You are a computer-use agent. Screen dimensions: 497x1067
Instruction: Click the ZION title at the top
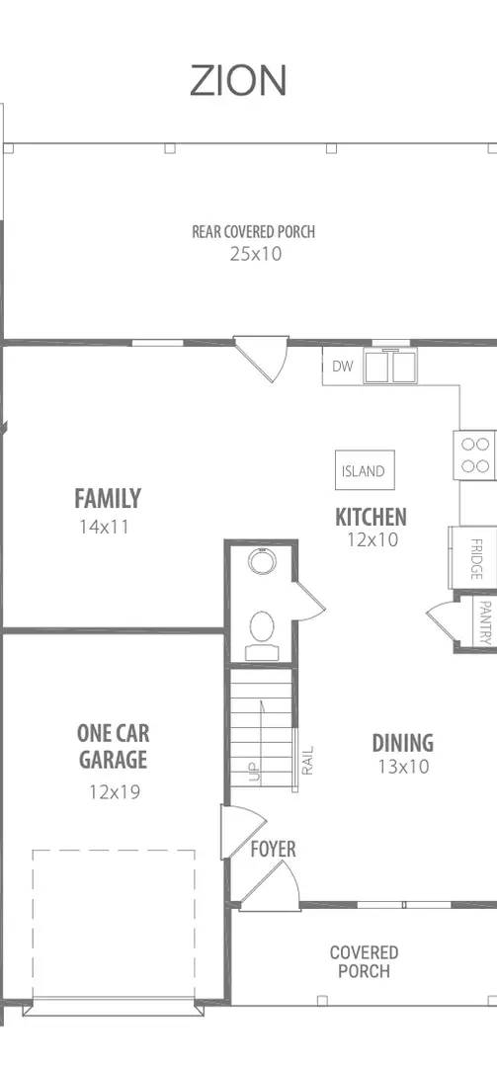pos(237,81)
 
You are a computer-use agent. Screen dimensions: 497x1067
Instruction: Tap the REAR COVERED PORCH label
pos(253,231)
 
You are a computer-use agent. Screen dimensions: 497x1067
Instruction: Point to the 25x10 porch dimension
pos(255,254)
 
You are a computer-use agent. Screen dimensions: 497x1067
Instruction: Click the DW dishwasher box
pos(343,367)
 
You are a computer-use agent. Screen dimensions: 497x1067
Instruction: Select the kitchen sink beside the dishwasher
pos(390,367)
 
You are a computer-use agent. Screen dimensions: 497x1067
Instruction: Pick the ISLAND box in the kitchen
pos(365,470)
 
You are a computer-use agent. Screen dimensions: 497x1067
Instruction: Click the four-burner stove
pos(474,455)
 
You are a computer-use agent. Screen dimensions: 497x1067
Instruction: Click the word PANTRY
pos(485,622)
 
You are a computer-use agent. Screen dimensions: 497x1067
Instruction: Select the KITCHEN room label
pos(372,517)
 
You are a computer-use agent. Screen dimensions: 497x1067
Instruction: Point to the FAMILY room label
pos(108,499)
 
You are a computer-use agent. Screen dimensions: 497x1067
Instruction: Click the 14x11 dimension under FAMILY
pos(104,527)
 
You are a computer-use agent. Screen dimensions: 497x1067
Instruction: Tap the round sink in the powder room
pos(262,562)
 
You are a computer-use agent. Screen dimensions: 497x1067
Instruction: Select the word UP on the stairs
pos(255,773)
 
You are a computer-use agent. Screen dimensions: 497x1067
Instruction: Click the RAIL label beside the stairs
pos(307,761)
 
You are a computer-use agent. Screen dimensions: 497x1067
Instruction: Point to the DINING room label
pos(403,742)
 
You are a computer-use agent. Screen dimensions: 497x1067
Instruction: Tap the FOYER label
pos(273,850)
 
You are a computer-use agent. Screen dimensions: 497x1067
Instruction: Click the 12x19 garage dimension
pos(115,792)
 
